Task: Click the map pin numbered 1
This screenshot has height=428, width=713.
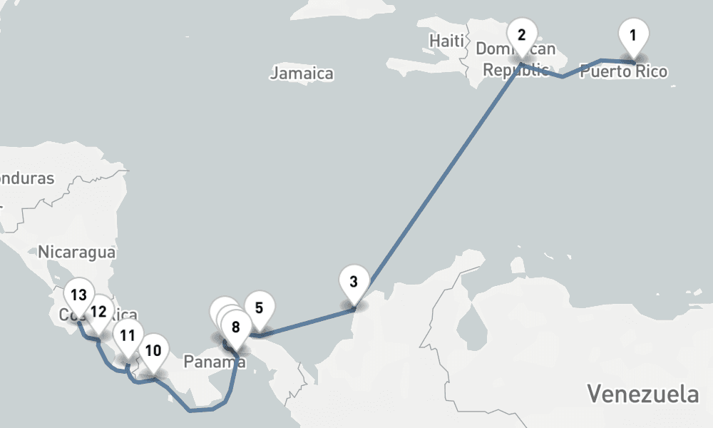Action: point(632,35)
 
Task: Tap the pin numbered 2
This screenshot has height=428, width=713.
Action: point(522,36)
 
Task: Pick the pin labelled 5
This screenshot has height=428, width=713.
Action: point(259,309)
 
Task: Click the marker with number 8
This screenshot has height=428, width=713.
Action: point(236,328)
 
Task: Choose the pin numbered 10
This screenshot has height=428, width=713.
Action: point(153,350)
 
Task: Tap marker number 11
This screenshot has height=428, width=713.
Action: point(128,335)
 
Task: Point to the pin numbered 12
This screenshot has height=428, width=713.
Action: point(98,312)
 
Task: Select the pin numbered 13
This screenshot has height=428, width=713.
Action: point(78,295)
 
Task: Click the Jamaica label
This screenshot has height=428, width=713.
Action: point(302,73)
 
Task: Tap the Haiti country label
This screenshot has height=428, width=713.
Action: point(446,41)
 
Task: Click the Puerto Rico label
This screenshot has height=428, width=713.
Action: point(624,71)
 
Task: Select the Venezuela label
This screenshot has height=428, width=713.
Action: point(642,393)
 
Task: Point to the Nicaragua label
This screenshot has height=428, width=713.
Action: point(77,251)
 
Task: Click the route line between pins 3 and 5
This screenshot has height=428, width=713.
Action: point(307,322)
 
